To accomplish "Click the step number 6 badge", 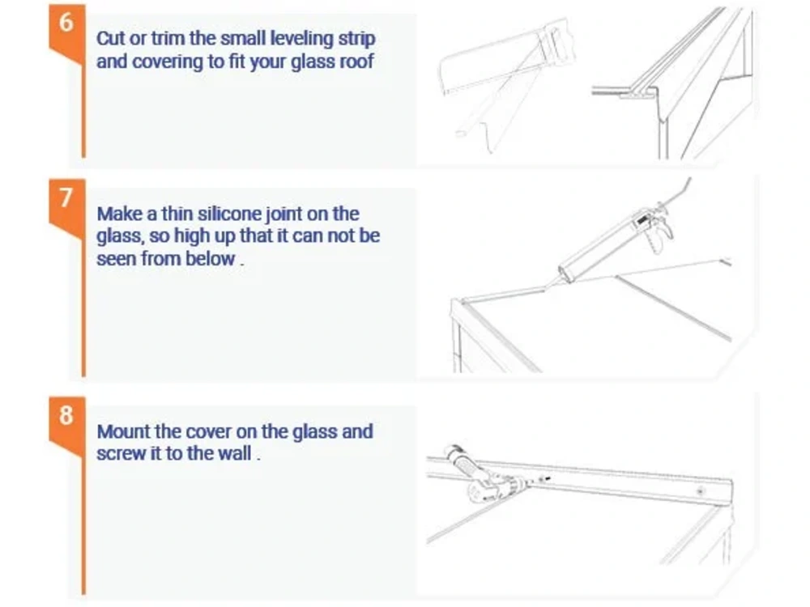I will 66,22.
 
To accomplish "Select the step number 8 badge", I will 66,415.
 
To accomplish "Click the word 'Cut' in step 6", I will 109,38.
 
